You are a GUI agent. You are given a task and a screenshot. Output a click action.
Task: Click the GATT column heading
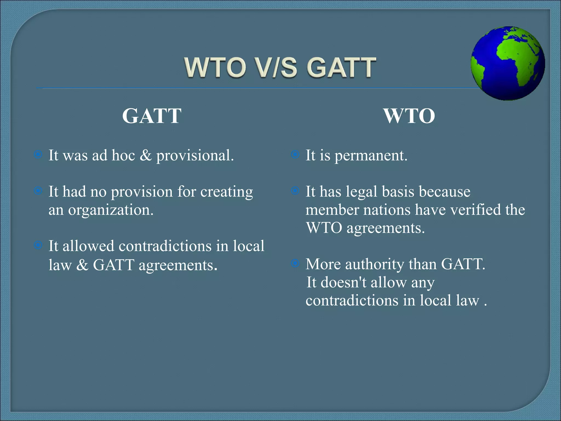click(x=151, y=116)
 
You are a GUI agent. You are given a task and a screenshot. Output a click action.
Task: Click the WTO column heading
click(x=409, y=116)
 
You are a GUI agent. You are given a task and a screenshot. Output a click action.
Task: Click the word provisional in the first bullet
click(x=195, y=156)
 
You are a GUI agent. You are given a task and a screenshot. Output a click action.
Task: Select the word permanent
click(x=371, y=156)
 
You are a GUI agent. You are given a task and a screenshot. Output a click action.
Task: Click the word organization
click(x=110, y=210)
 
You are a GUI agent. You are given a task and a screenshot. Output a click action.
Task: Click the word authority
click(x=374, y=264)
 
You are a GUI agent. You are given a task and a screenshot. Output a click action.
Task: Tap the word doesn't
click(x=343, y=282)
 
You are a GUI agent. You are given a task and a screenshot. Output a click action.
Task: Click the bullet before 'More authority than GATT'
click(x=295, y=263)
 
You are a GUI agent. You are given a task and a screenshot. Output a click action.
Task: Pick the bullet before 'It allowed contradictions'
click(x=38, y=245)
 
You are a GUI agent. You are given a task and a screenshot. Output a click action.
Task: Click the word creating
click(x=226, y=192)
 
